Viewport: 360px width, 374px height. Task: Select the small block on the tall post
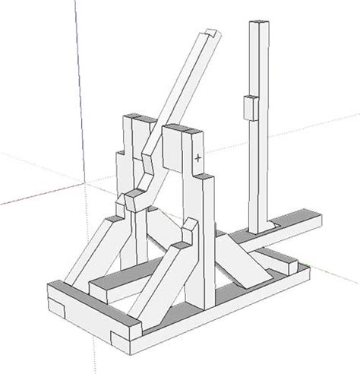click(x=248, y=108)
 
